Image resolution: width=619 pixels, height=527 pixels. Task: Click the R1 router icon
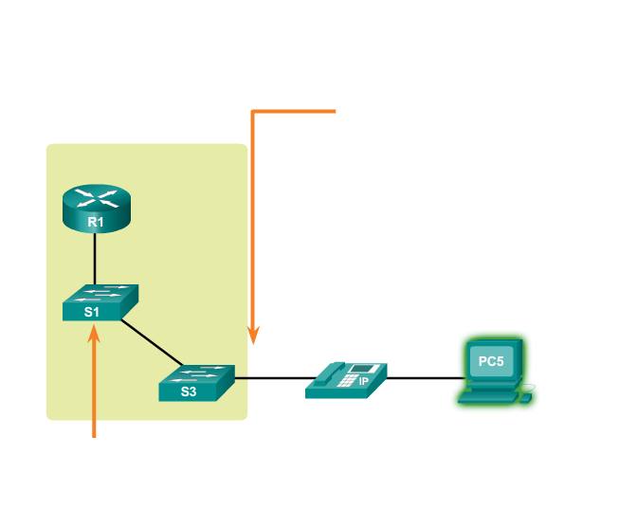click(x=95, y=207)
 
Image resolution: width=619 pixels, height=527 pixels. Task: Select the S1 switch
click(x=100, y=303)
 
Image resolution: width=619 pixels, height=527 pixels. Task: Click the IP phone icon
click(x=347, y=379)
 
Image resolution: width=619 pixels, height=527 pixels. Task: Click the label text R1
click(x=95, y=222)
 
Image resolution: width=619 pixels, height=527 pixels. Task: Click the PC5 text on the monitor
click(x=490, y=361)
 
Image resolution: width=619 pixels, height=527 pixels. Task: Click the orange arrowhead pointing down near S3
click(x=252, y=335)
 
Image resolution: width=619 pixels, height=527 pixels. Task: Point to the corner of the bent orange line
click(x=252, y=112)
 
